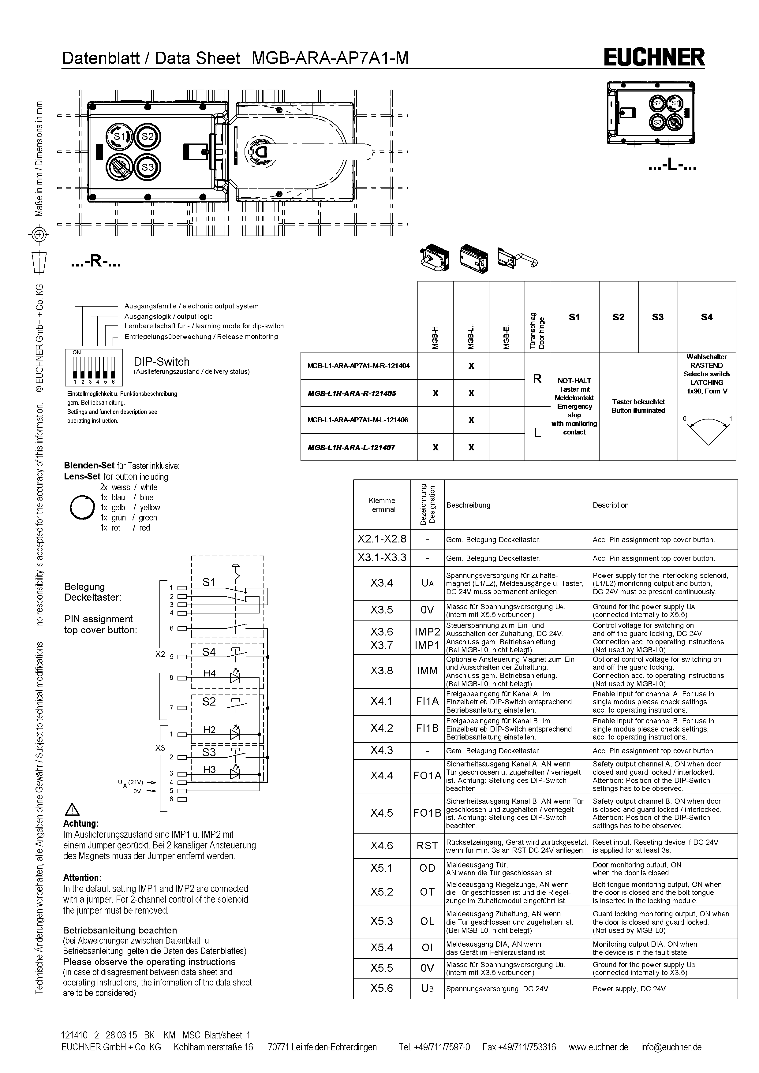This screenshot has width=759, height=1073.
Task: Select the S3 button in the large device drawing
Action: [x=148, y=167]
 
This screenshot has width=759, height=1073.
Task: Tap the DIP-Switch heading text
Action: [x=162, y=362]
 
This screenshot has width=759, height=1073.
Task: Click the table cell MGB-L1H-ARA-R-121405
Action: [x=358, y=393]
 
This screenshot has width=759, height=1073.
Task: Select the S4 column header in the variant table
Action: [x=707, y=317]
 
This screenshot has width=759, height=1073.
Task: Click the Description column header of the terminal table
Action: [x=610, y=505]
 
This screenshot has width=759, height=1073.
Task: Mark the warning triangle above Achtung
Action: [x=73, y=810]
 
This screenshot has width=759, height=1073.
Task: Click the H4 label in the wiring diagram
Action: [x=209, y=673]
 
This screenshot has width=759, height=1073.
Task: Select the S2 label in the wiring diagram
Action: [x=209, y=702]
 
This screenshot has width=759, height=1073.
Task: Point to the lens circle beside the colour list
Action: [x=82, y=507]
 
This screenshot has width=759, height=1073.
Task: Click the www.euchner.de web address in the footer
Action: [x=598, y=1047]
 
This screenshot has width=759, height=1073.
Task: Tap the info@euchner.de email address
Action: [x=671, y=1047]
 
